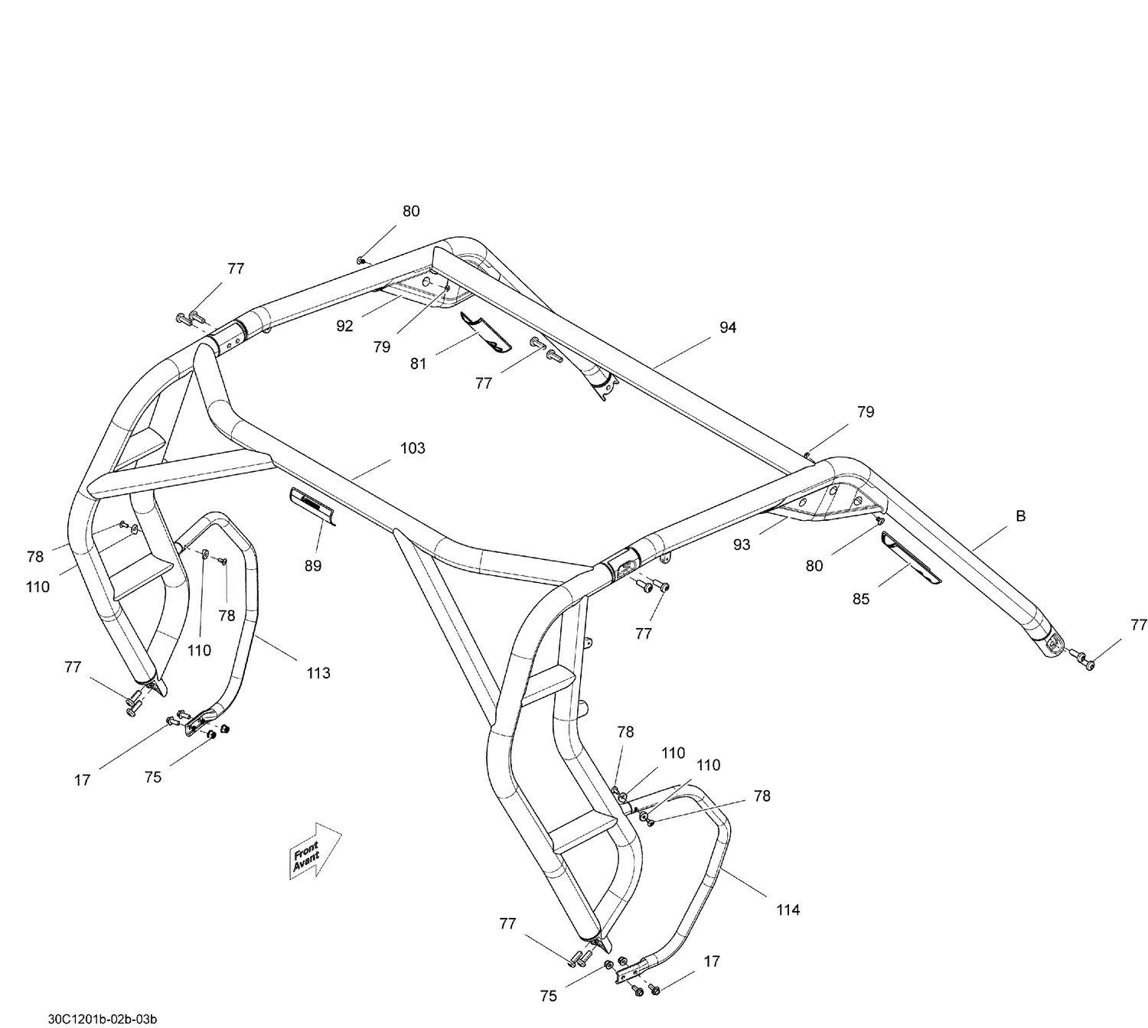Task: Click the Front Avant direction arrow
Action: pyautogui.click(x=315, y=851)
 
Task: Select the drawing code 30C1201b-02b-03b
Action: pyautogui.click(x=103, y=1019)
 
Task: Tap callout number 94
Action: pyautogui.click(x=728, y=327)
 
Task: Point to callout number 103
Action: pyautogui.click(x=413, y=448)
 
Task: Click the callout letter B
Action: pyautogui.click(x=1020, y=516)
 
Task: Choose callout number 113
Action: pyautogui.click(x=318, y=672)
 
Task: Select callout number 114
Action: pyautogui.click(x=788, y=909)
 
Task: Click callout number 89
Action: pyautogui.click(x=312, y=566)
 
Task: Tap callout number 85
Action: pyautogui.click(x=861, y=599)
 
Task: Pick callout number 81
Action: pyautogui.click(x=418, y=364)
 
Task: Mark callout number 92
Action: pyautogui.click(x=345, y=326)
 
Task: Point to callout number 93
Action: pyautogui.click(x=742, y=545)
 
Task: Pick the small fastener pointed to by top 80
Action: pyautogui.click(x=360, y=261)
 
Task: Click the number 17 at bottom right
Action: pyautogui.click(x=712, y=961)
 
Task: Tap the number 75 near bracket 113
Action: pyautogui.click(x=153, y=777)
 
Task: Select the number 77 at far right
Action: pyautogui.click(x=1139, y=625)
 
